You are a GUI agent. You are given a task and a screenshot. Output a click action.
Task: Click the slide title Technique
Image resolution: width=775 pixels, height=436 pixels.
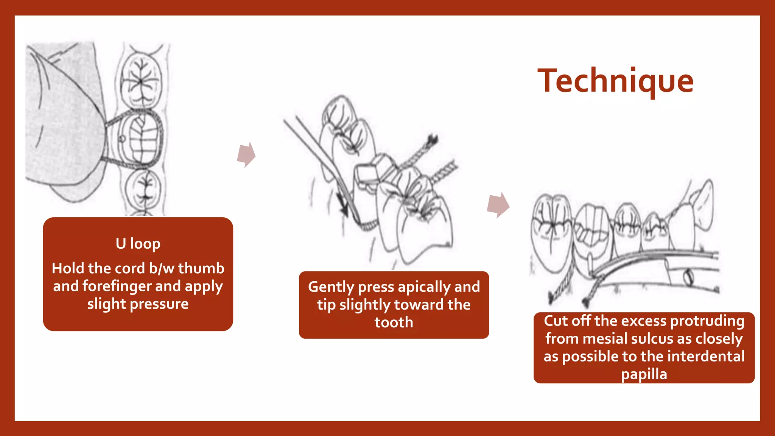pyautogui.click(x=615, y=81)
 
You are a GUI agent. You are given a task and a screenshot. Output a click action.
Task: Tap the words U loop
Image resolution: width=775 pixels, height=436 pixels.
pyautogui.click(x=138, y=244)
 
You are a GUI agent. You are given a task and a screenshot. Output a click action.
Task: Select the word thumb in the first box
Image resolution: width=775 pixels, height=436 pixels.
pyautogui.click(x=201, y=269)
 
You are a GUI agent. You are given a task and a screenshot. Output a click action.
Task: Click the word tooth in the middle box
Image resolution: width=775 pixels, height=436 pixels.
pyautogui.click(x=394, y=323)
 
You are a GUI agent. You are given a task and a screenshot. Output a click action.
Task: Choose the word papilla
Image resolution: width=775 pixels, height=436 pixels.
pyautogui.click(x=644, y=374)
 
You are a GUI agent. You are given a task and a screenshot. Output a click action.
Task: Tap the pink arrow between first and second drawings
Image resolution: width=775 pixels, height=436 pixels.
pyautogui.click(x=246, y=155)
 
